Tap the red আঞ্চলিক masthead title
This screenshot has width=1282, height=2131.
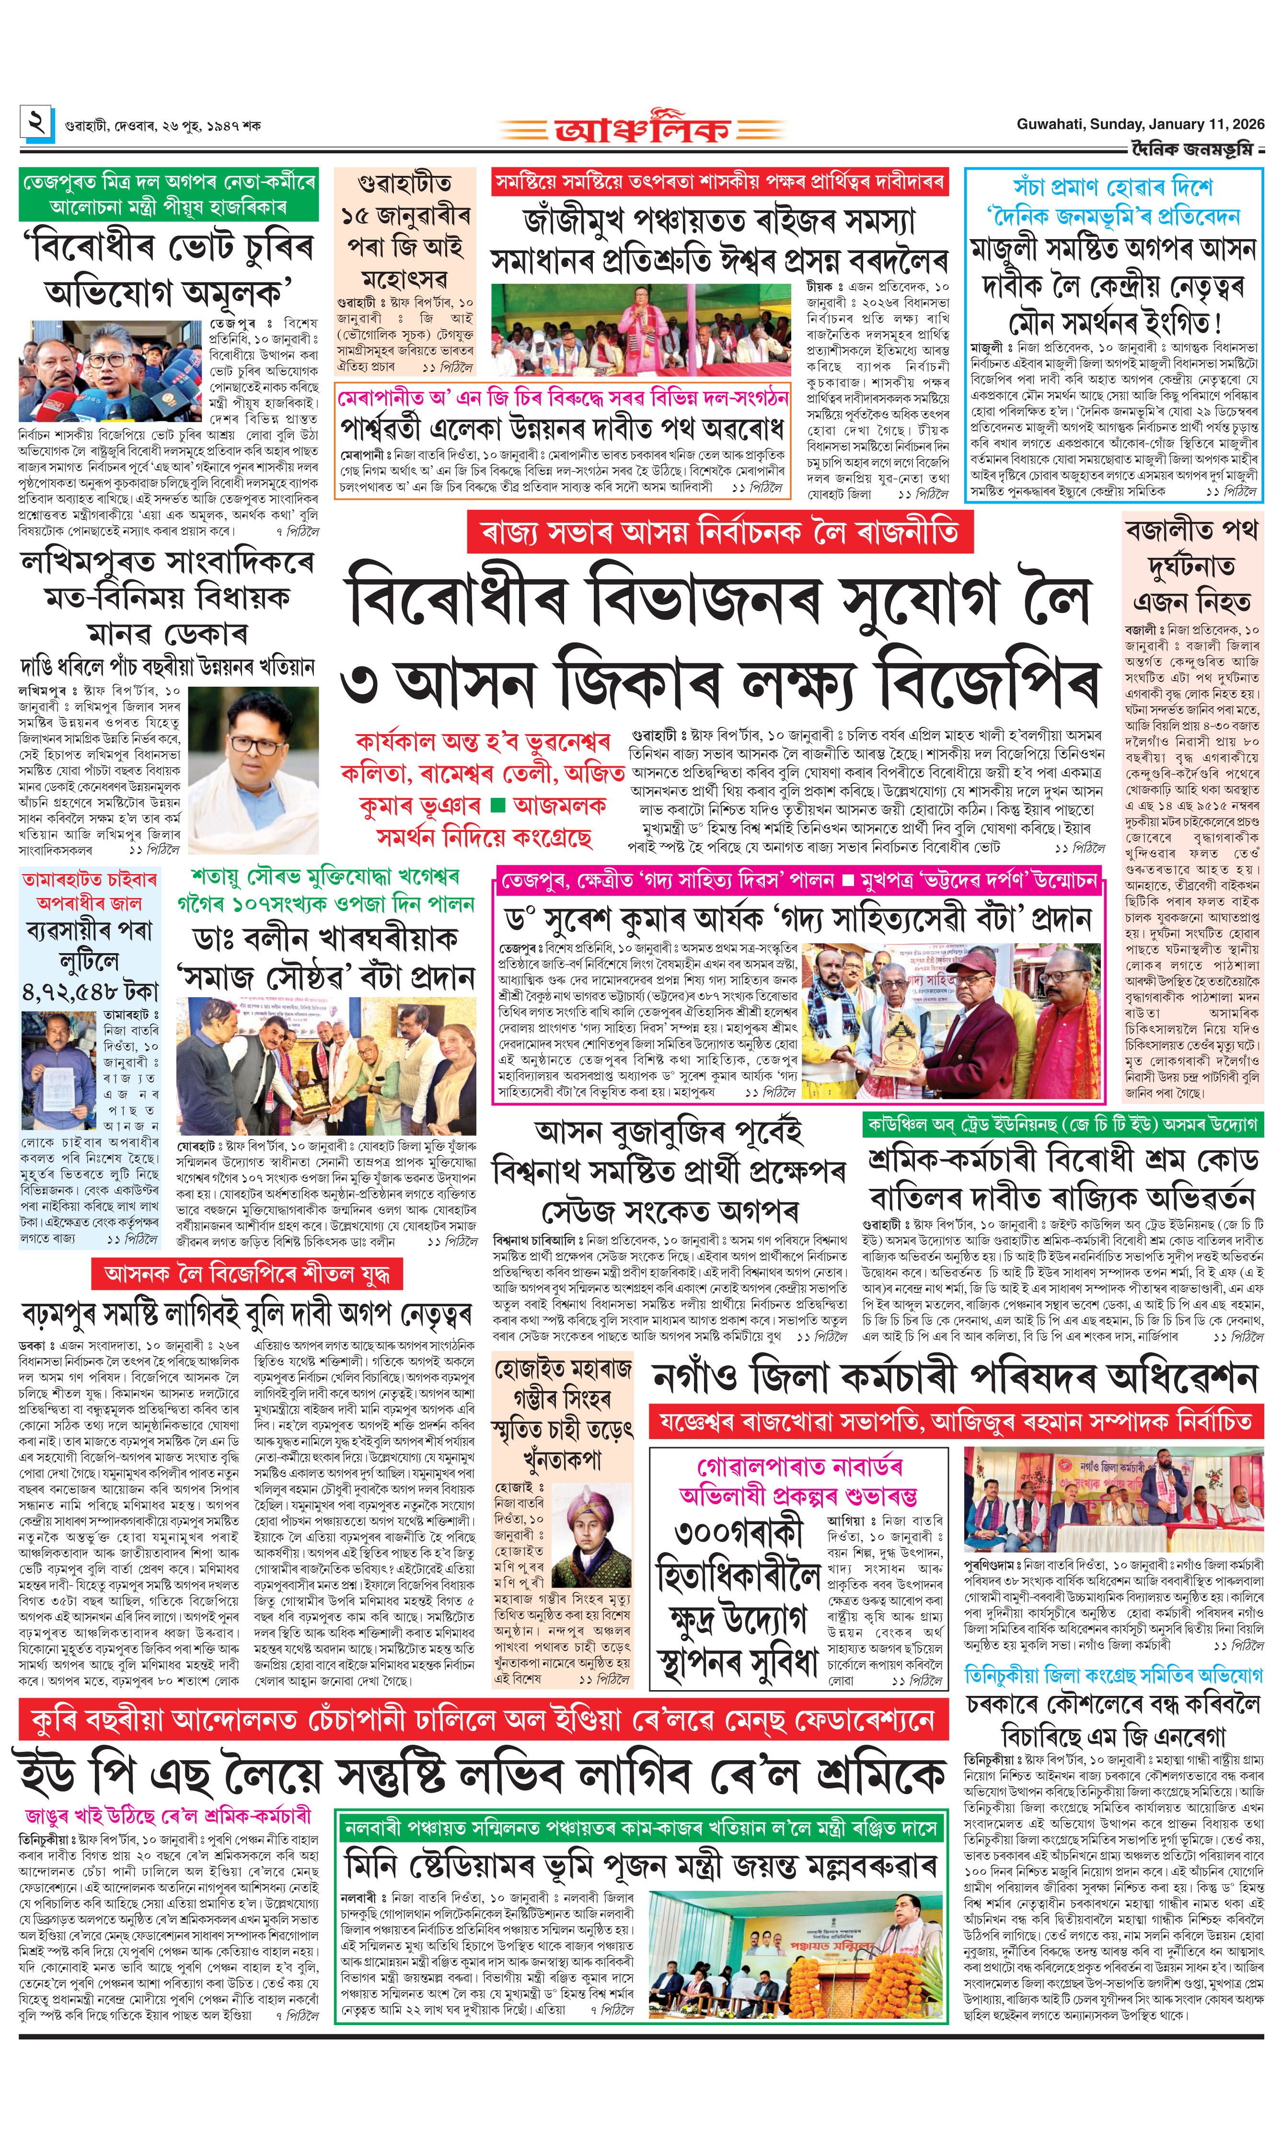click(x=642, y=129)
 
